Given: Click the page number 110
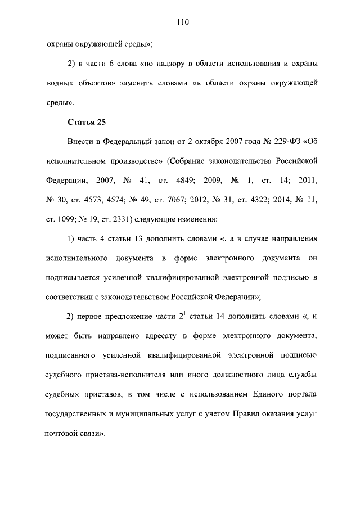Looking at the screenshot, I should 181,22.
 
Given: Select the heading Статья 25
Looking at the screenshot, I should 87,121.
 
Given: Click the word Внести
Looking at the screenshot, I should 81,140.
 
